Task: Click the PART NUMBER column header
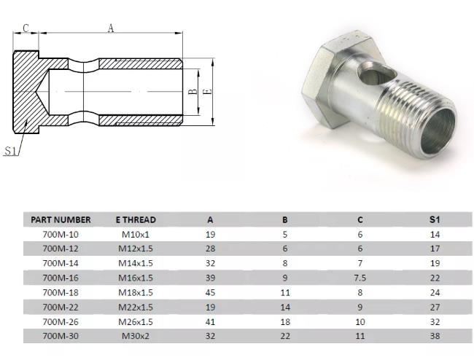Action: pyautogui.click(x=61, y=219)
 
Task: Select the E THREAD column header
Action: pyautogui.click(x=136, y=219)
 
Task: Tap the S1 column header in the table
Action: pyautogui.click(x=435, y=219)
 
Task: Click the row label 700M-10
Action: pyautogui.click(x=61, y=234)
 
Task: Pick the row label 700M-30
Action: pyautogui.click(x=61, y=336)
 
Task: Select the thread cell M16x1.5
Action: pyautogui.click(x=136, y=278)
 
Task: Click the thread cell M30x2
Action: pyautogui.click(x=136, y=336)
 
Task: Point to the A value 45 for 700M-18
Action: pyautogui.click(x=211, y=292)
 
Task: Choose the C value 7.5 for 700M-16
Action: pyautogui.click(x=360, y=278)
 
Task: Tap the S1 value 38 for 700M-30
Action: pyautogui.click(x=435, y=336)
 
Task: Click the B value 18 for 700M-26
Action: pyautogui.click(x=285, y=321)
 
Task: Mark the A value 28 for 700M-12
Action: pyautogui.click(x=211, y=249)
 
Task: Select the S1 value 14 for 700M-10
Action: pyautogui.click(x=435, y=234)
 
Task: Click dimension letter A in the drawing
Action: pyautogui.click(x=111, y=28)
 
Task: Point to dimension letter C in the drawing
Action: pyautogui.click(x=26, y=28)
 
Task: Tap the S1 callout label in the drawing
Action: pyautogui.click(x=10, y=151)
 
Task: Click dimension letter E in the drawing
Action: pyautogui.click(x=208, y=92)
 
